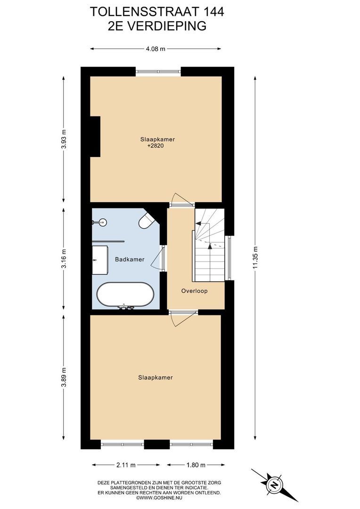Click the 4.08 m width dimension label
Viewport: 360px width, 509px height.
(x=155, y=49)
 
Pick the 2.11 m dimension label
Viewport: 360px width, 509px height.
(x=126, y=465)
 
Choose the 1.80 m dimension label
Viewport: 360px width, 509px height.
(x=196, y=465)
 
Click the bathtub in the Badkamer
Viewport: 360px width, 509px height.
(x=125, y=295)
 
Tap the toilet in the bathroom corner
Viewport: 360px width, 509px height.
(x=147, y=220)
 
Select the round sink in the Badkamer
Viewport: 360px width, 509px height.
(x=102, y=222)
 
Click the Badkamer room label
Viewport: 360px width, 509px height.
(x=130, y=259)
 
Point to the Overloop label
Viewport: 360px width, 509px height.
(x=194, y=291)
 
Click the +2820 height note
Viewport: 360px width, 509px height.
(x=155, y=146)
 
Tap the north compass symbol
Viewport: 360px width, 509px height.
(x=274, y=485)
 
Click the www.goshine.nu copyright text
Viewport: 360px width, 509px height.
(x=159, y=497)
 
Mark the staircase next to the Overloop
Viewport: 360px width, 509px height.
(x=209, y=245)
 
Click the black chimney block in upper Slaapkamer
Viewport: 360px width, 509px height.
(x=95, y=137)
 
